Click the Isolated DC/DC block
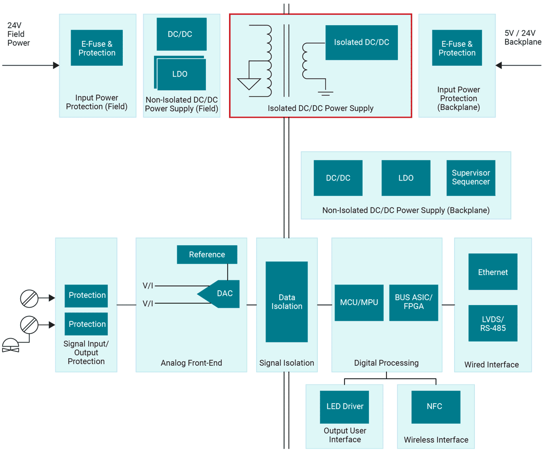point(361,43)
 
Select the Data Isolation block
point(286,302)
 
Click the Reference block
point(207,254)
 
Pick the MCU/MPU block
point(359,303)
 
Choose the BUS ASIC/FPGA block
point(413,303)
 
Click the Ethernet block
point(493,272)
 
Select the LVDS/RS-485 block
point(493,323)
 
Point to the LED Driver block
point(345,407)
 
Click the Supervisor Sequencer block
point(470,178)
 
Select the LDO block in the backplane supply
point(406,178)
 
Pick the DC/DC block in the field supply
point(181,34)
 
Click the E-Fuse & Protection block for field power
point(97,48)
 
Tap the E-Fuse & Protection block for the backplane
point(457,48)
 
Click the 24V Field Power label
point(18,34)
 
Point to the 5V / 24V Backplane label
point(522,38)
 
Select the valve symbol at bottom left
point(10,346)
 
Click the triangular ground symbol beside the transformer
point(249,83)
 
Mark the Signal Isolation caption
point(286,363)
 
